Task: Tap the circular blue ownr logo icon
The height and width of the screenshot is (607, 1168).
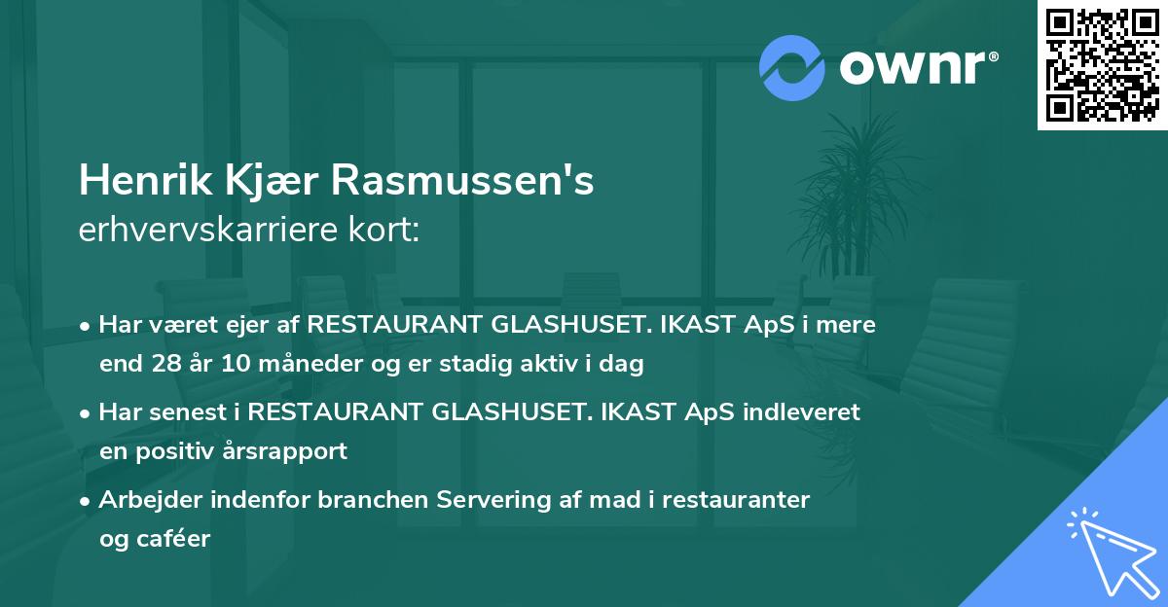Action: pyautogui.click(x=791, y=67)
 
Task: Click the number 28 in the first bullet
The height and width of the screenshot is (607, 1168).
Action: pyautogui.click(x=161, y=365)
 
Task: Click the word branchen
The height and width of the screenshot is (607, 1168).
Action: pyautogui.click(x=374, y=500)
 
